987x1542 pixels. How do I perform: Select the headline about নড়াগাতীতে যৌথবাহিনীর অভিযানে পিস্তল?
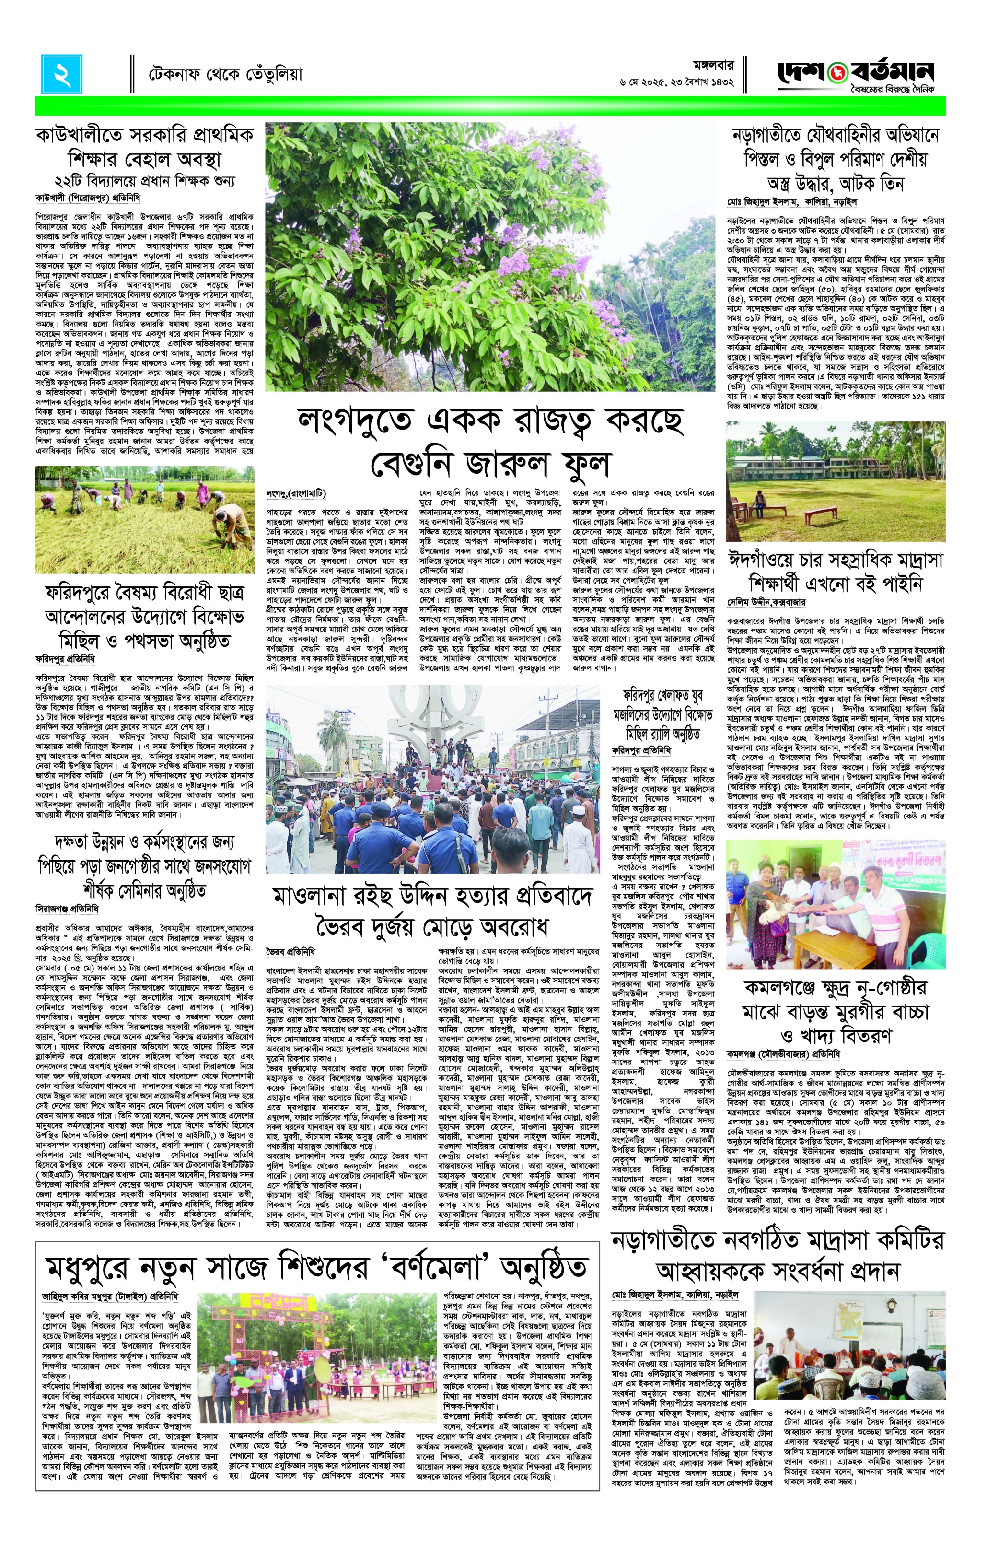pos(835,158)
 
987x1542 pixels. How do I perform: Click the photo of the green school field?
pos(835,480)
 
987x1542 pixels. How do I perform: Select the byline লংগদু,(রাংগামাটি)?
pos(296,493)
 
